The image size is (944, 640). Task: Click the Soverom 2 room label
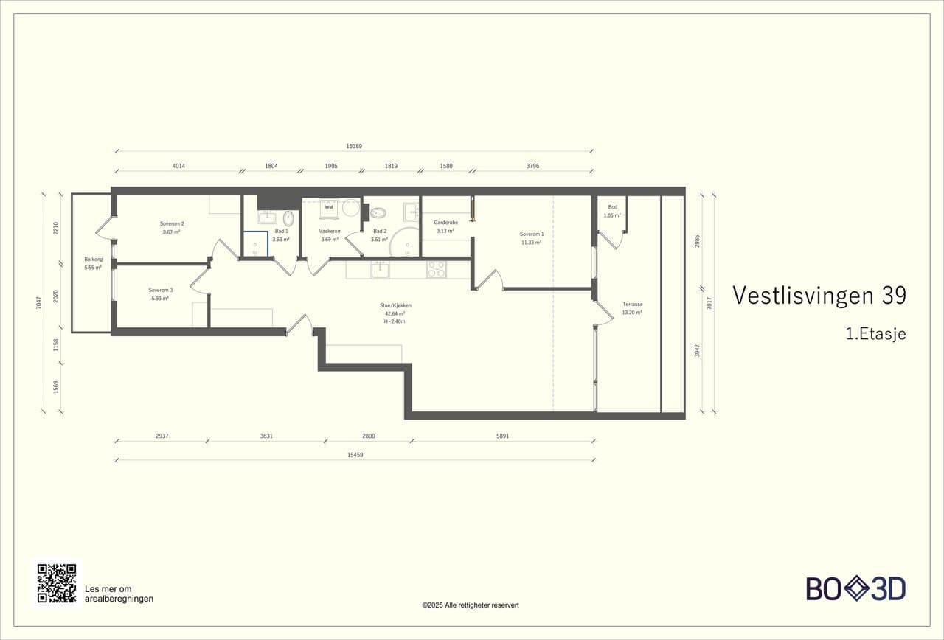pos(172,223)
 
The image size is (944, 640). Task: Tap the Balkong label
pos(93,259)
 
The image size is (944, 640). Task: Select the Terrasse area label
pos(633,304)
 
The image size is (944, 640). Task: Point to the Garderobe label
pos(446,223)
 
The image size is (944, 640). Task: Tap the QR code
pos(57,583)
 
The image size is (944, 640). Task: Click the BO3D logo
pos(856,588)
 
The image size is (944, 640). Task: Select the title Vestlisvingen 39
pos(819,296)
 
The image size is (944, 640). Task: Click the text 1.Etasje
pos(875,334)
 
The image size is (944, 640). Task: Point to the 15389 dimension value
pos(354,146)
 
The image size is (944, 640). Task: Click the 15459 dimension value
pos(355,455)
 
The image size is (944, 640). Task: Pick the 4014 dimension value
pos(178,166)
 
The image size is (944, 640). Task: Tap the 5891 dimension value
pos(503,436)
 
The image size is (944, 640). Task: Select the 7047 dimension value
pos(39,303)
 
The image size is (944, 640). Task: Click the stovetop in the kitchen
pos(436,270)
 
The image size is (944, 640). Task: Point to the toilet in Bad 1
pos(288,218)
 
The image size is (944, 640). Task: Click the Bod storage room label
pos(612,207)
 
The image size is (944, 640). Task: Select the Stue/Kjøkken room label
pos(395,305)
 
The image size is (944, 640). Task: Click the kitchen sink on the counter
pos(380,270)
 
